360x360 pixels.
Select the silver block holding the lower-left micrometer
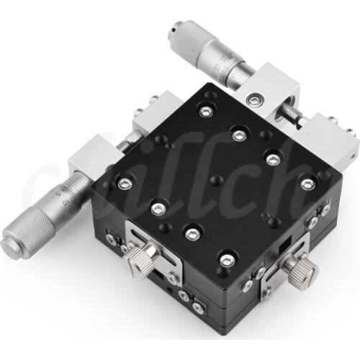pos(97,158)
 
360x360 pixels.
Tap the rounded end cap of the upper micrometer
pos(174,31)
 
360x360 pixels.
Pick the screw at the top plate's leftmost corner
pos(125,184)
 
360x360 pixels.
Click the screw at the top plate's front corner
pos(228,260)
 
